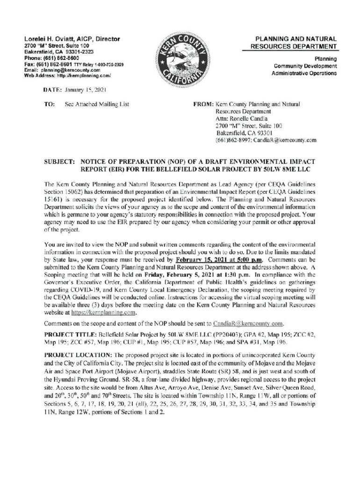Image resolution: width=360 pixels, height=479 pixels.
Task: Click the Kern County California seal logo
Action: tap(182, 59)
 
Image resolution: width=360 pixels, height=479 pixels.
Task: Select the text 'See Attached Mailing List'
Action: tap(96, 104)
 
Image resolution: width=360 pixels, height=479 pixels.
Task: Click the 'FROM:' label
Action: tap(203, 104)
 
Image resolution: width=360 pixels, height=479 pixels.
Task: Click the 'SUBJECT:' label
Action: tap(59, 161)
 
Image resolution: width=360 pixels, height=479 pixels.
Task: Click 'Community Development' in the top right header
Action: tap(305, 66)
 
